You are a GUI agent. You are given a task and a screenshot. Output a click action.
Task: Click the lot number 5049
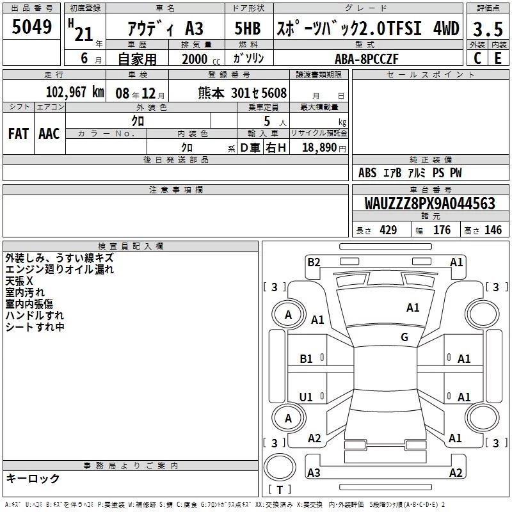click(31, 27)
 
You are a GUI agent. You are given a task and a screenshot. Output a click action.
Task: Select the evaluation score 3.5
click(488, 29)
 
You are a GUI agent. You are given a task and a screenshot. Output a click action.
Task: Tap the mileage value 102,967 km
click(75, 92)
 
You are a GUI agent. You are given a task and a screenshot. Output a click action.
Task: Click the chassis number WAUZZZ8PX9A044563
click(429, 203)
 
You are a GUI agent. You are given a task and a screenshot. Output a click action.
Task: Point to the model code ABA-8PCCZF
click(367, 59)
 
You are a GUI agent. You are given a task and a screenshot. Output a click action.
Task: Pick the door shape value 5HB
click(248, 28)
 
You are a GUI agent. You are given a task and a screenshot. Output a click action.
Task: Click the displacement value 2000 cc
click(201, 59)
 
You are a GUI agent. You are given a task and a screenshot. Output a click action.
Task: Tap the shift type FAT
click(19, 134)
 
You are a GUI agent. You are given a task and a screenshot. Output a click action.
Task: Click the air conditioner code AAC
click(49, 134)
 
